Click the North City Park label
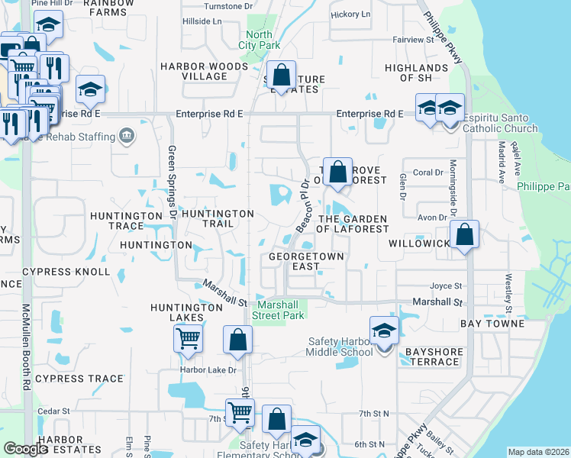[x=260, y=40]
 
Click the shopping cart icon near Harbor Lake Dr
[x=188, y=337]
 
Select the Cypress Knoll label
[x=66, y=272]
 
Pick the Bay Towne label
[x=492, y=324]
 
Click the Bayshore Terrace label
[x=432, y=356]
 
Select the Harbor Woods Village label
[x=205, y=72]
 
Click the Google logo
[x=27, y=449]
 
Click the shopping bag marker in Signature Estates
[x=282, y=76]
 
